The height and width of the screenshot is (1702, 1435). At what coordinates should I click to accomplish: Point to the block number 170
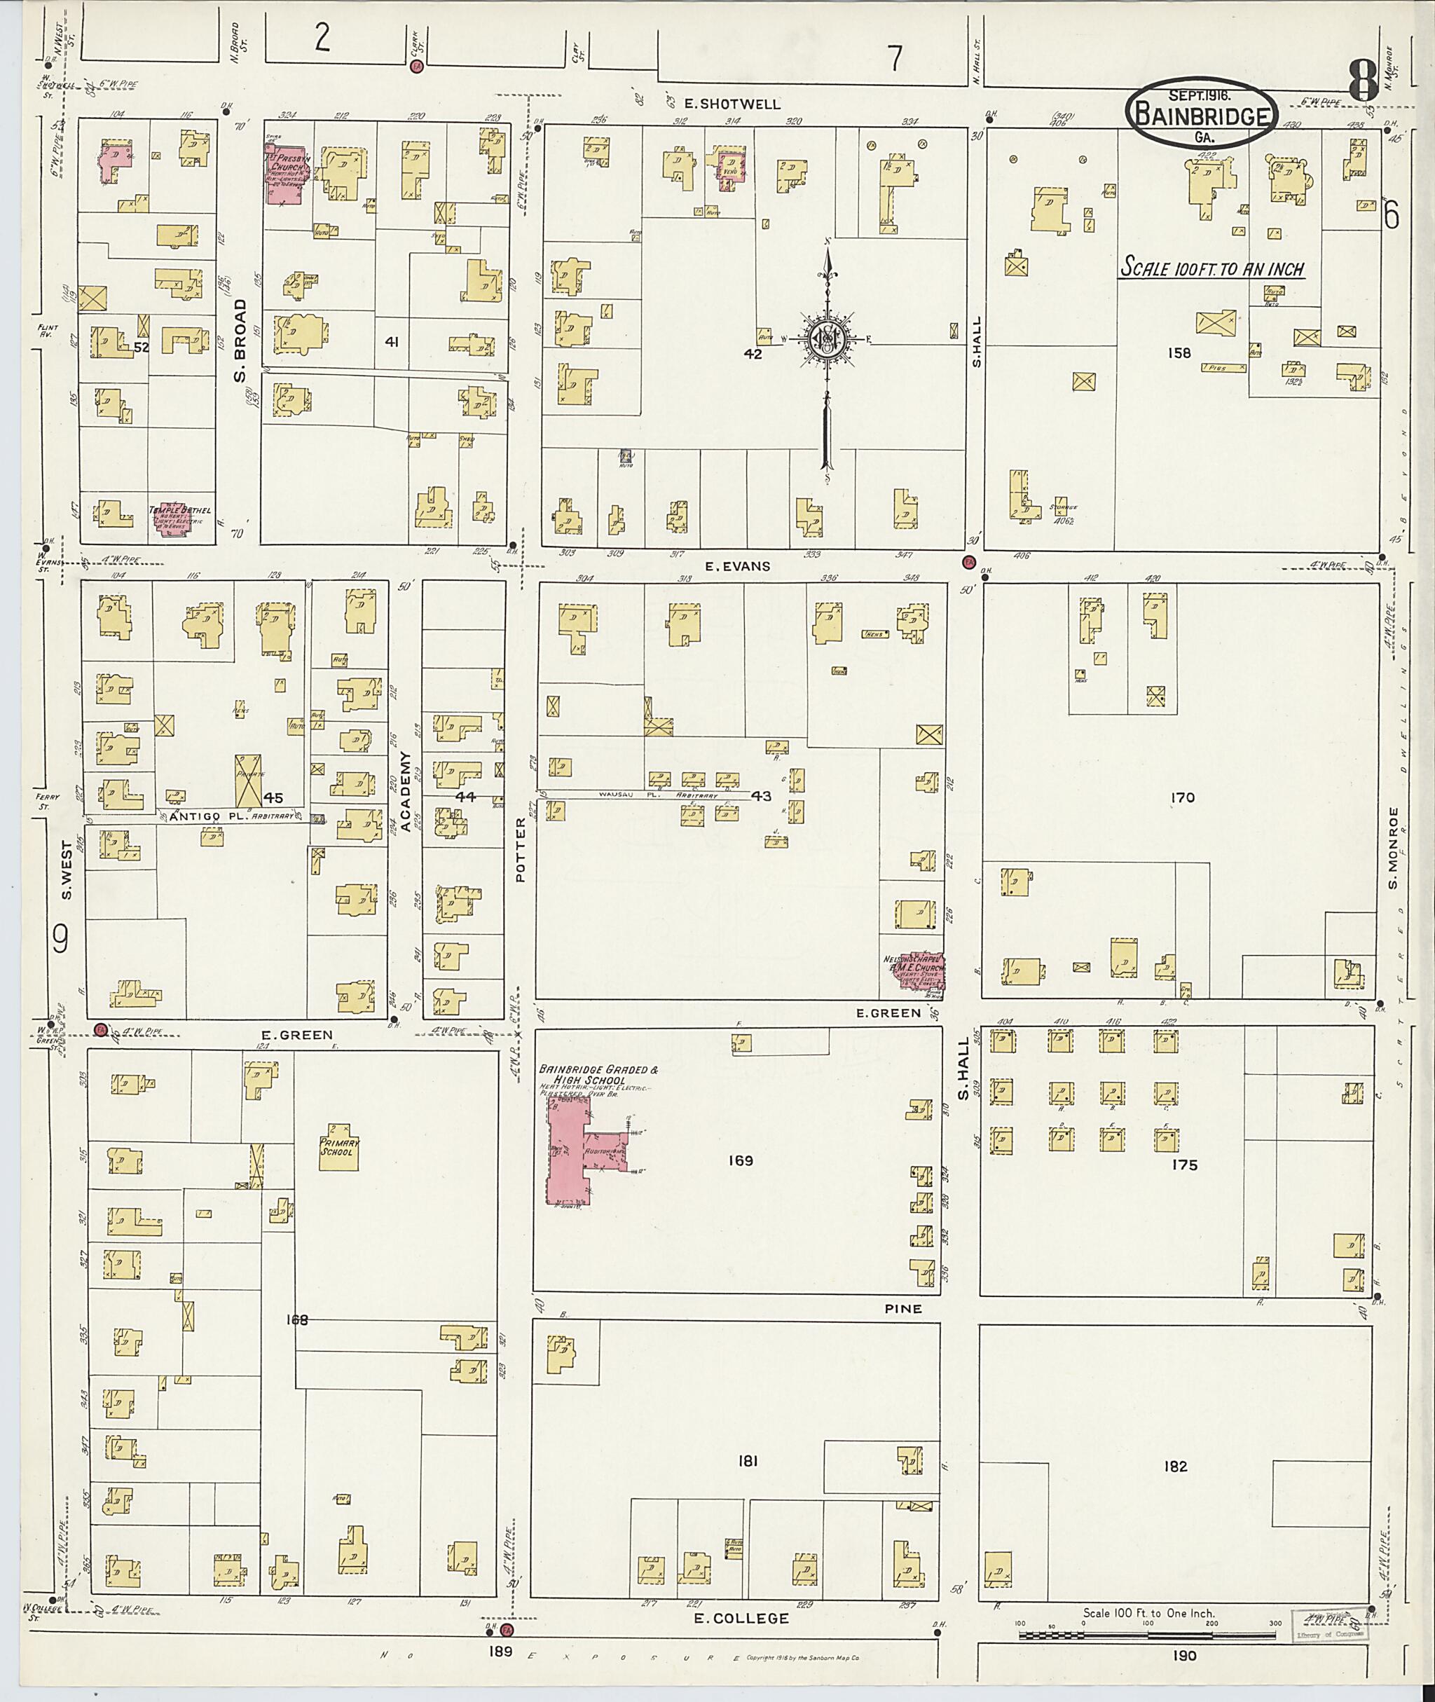pyautogui.click(x=1182, y=798)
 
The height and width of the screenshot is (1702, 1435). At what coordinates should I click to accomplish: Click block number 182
pyautogui.click(x=1176, y=1467)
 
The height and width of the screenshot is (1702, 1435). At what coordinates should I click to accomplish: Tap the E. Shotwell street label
pyautogui.click(x=732, y=104)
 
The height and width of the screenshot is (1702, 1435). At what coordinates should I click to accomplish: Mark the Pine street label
pyautogui.click(x=904, y=1309)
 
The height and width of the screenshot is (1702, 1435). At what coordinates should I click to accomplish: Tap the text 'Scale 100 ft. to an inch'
pyautogui.click(x=1212, y=268)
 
